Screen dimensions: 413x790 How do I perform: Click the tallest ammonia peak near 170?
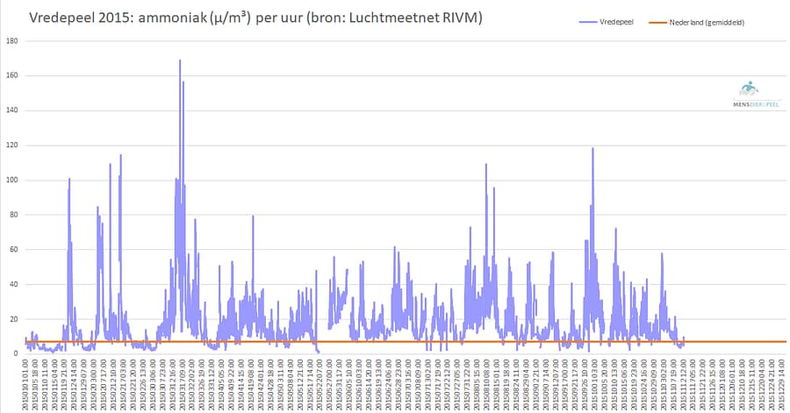coord(180,61)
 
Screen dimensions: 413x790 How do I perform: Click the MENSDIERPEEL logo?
coord(749,94)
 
